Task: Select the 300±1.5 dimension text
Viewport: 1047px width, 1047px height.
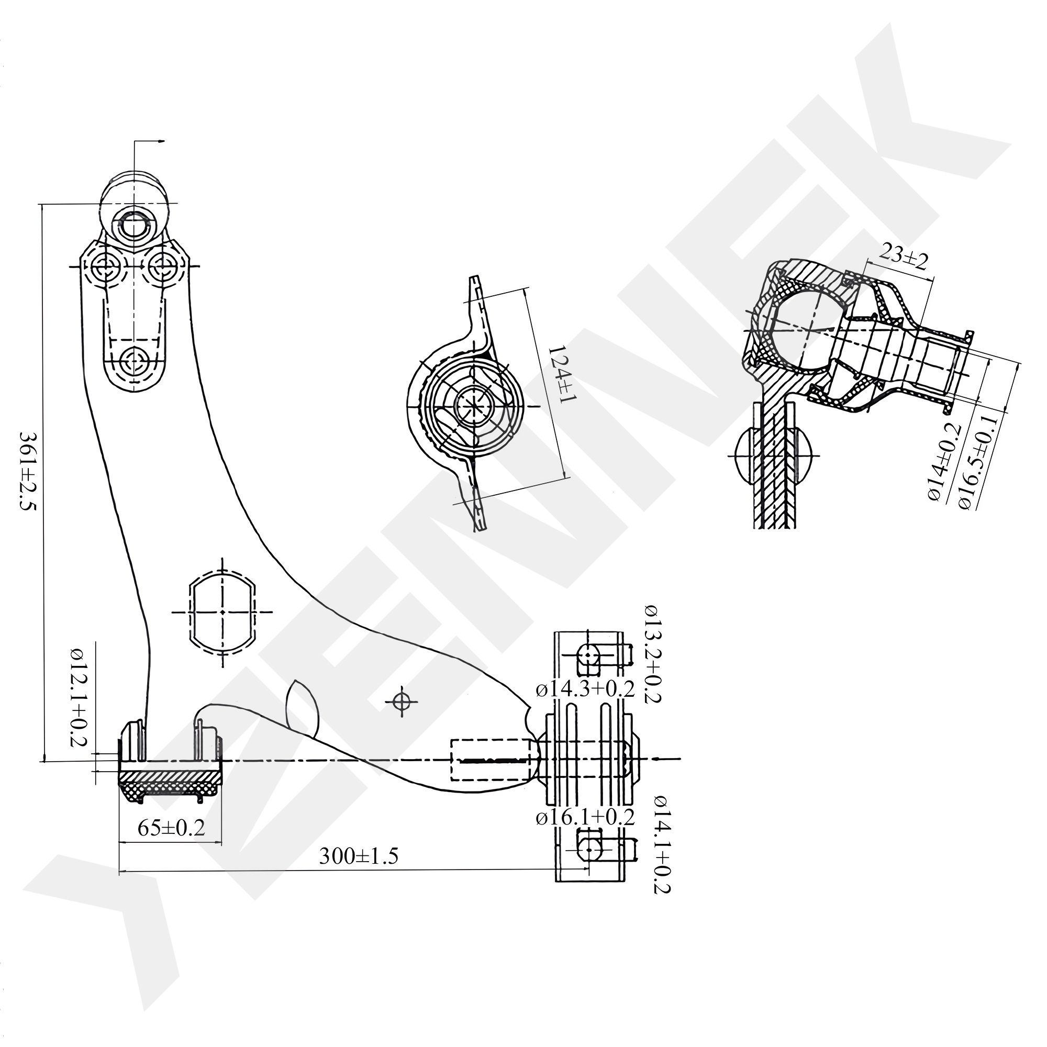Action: pyautogui.click(x=359, y=856)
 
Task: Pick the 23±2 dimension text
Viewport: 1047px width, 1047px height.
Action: pyautogui.click(x=904, y=262)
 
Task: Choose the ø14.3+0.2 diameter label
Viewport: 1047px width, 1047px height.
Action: pyautogui.click(x=585, y=690)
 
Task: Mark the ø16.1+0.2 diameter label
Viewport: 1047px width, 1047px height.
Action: pyautogui.click(x=585, y=817)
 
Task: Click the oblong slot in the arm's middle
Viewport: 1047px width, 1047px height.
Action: pyautogui.click(x=222, y=612)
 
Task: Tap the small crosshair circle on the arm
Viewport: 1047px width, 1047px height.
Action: pyautogui.click(x=401, y=703)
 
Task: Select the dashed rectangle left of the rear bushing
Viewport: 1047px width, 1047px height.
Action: pyautogui.click(x=490, y=760)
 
